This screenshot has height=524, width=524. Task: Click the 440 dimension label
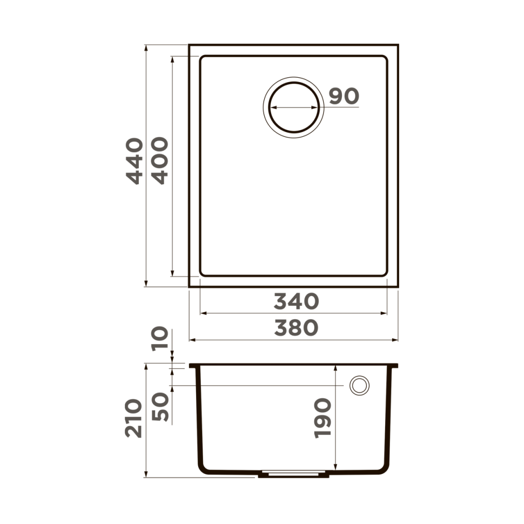tap(135, 161)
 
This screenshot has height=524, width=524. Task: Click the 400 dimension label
tap(160, 161)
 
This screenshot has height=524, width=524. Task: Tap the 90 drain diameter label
tap(344, 97)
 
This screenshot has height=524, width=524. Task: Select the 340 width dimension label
tap(296, 302)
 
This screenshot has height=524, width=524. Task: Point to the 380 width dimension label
tap(296, 328)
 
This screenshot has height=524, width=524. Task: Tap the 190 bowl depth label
tap(323, 418)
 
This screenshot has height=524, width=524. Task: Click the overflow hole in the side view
tap(359, 386)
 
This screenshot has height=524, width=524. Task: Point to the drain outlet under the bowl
tap(293, 475)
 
